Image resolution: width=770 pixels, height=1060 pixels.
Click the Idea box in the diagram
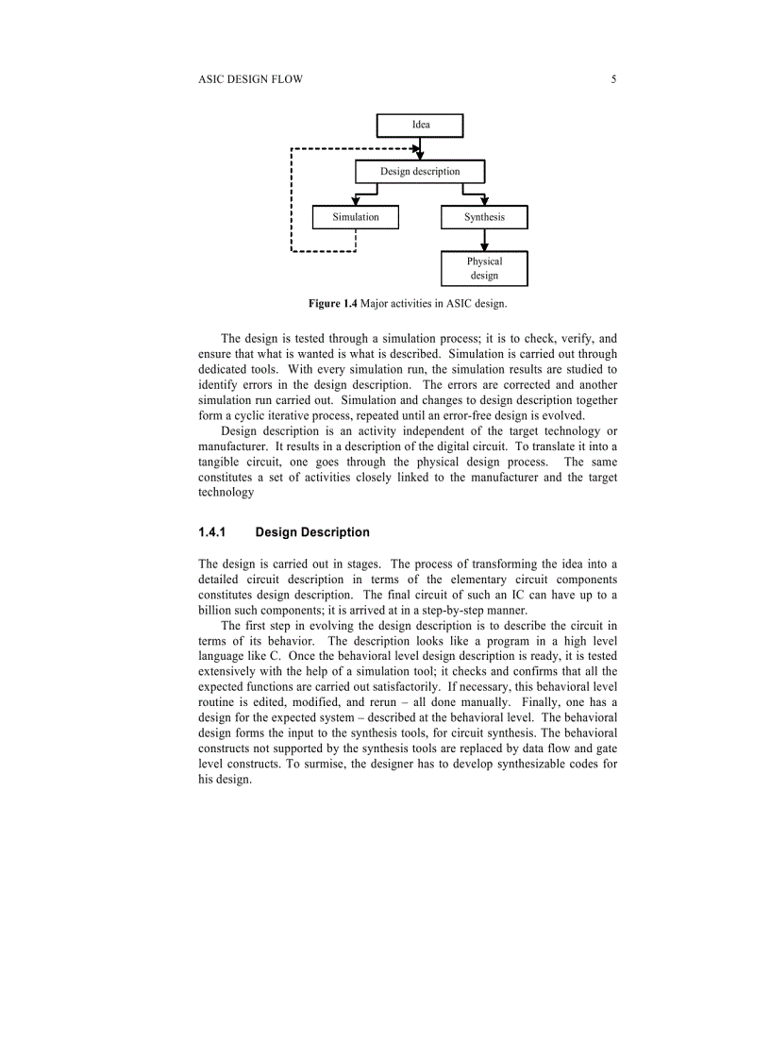[x=420, y=125]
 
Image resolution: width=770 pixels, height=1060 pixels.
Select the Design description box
[x=420, y=172]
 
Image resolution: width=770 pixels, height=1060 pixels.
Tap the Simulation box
[x=356, y=217]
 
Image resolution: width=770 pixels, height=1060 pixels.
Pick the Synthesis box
[x=484, y=217]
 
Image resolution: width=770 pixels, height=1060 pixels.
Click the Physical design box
[x=484, y=268]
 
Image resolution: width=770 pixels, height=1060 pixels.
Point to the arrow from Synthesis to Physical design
[x=484, y=240]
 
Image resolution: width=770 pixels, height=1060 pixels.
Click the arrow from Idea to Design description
[x=421, y=148]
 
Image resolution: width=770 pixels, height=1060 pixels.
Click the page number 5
[x=614, y=80]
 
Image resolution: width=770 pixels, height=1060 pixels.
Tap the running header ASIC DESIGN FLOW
[x=251, y=80]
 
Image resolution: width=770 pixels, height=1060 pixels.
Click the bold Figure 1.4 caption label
[x=333, y=303]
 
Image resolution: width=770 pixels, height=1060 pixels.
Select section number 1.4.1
[x=212, y=532]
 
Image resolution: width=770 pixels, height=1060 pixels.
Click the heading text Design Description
[x=312, y=532]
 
